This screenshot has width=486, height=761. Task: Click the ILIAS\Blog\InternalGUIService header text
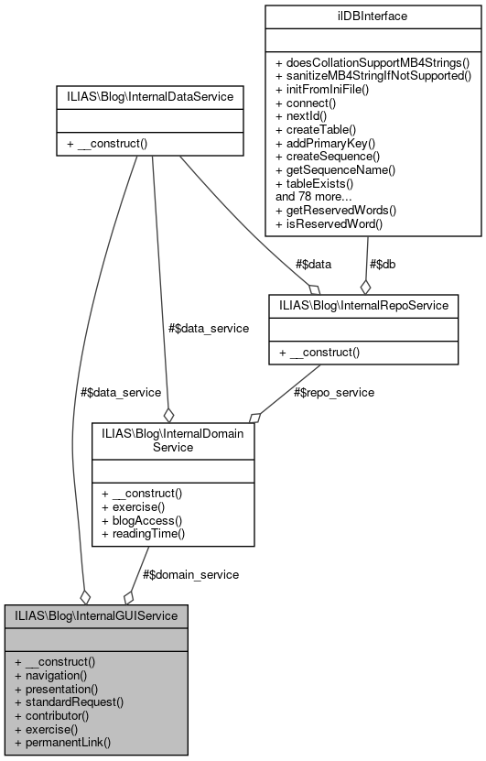coord(96,614)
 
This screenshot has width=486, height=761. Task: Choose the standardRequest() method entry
coord(69,701)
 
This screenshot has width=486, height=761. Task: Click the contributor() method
coord(57,714)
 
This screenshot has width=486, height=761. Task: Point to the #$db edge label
coord(383,265)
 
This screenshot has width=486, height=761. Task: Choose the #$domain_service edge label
coord(190,574)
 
